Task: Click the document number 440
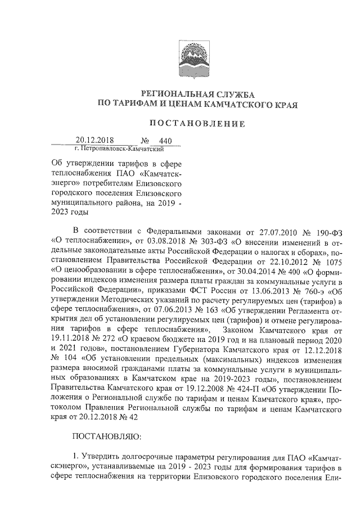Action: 165,141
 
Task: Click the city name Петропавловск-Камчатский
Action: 119,150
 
